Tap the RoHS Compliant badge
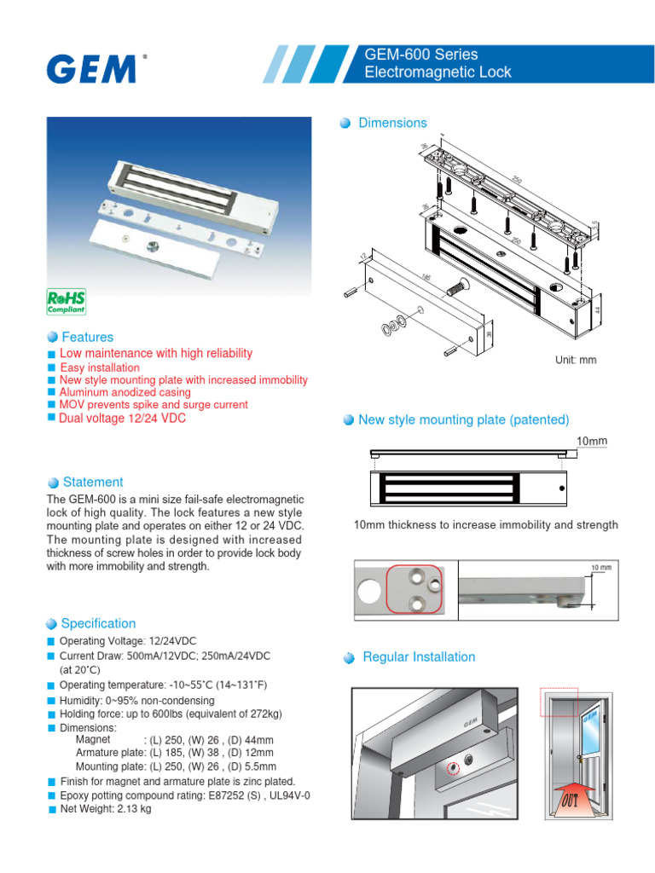(x=66, y=303)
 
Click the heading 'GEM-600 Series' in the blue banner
(x=421, y=55)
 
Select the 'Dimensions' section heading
(x=392, y=123)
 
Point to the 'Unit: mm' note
(x=576, y=360)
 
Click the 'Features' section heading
(x=87, y=337)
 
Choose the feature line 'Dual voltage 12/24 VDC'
(x=122, y=418)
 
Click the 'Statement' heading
(x=92, y=482)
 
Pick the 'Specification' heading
(x=98, y=623)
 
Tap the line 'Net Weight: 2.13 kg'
(x=105, y=809)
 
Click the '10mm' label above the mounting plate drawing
(x=592, y=441)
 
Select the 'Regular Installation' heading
(x=419, y=656)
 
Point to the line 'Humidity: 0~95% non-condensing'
(x=136, y=700)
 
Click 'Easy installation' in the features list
(x=100, y=367)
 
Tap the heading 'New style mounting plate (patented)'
(x=464, y=419)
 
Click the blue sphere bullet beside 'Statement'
(x=53, y=483)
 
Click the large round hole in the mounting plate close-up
(x=369, y=589)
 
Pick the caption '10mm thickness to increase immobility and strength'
(x=485, y=524)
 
